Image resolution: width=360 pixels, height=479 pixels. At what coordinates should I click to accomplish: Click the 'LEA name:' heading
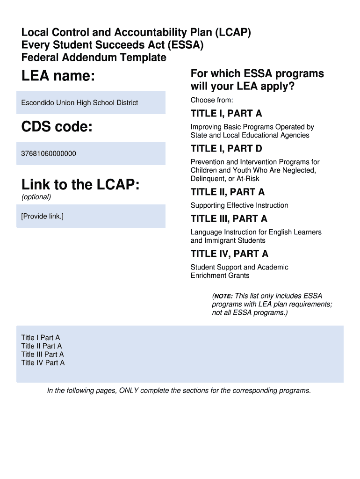58,76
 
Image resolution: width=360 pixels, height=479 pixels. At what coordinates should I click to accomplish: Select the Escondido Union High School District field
79,103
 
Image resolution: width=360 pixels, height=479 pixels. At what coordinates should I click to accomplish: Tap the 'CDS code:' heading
57,126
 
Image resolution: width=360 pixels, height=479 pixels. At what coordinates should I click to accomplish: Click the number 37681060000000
49,153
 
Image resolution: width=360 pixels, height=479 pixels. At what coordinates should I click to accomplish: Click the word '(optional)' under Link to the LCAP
36,197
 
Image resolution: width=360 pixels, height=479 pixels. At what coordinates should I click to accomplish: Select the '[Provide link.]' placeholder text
42,216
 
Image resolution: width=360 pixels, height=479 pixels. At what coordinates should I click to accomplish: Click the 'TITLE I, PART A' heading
226,114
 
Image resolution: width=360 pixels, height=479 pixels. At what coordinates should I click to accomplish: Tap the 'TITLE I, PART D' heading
226,149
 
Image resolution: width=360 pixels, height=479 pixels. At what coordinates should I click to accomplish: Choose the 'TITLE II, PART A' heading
228,192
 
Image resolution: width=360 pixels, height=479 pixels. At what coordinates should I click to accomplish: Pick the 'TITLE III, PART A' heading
229,218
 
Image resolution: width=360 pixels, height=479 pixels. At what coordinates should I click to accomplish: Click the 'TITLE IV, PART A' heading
230,254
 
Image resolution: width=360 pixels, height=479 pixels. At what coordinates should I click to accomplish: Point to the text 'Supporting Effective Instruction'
239,205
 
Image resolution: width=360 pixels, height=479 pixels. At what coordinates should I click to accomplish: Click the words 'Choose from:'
212,100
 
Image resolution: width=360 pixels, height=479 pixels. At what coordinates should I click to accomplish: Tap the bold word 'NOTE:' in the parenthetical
224,296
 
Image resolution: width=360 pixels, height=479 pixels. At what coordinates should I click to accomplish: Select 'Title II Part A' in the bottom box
42,346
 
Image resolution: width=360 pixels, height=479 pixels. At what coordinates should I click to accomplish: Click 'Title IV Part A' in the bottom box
43,363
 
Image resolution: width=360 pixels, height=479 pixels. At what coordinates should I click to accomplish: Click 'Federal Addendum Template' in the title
94,58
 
